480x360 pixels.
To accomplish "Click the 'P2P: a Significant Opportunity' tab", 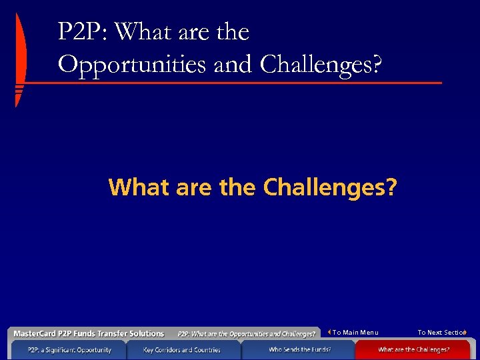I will click(x=69, y=349).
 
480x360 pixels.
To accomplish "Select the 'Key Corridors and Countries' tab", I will click(x=181, y=349).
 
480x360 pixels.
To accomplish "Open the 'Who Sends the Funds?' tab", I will click(x=299, y=349).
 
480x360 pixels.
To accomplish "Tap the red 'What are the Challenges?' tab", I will click(x=413, y=349).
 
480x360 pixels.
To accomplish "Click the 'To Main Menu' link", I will click(x=355, y=333).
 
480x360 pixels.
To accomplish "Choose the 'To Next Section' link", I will click(x=441, y=333).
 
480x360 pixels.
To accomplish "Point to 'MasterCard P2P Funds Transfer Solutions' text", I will click(x=89, y=333).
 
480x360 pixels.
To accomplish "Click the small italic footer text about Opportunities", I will click(x=246, y=334).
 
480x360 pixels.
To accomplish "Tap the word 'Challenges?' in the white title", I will click(x=322, y=64).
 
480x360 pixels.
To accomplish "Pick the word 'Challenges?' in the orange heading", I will click(x=329, y=187).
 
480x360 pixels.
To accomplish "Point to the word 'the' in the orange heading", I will click(x=237, y=187).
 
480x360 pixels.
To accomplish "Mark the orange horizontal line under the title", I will click(x=233, y=83).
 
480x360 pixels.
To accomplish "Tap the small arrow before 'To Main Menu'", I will click(x=330, y=332).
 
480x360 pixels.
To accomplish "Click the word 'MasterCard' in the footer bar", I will click(x=35, y=333).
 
